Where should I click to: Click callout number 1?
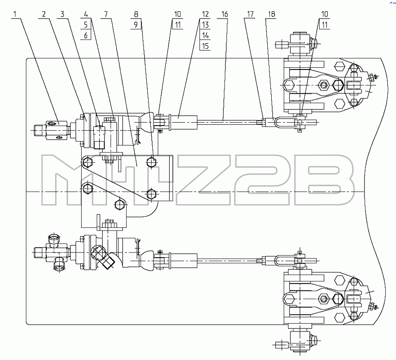tap(15, 14)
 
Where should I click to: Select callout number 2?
tap(44, 14)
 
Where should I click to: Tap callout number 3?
tap(62, 14)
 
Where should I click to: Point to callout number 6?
tap(86, 35)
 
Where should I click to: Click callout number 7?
tap(106, 14)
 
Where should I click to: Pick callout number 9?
tap(136, 25)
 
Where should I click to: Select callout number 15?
tap(205, 46)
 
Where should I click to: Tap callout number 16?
tap(225, 14)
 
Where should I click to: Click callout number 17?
tap(250, 14)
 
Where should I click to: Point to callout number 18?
tap(272, 14)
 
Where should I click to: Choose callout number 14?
tap(205, 35)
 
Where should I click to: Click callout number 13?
tap(205, 25)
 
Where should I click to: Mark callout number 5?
tap(86, 25)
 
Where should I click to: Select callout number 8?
tap(136, 14)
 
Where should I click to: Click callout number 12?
tap(205, 14)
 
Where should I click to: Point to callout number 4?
tap(86, 14)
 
